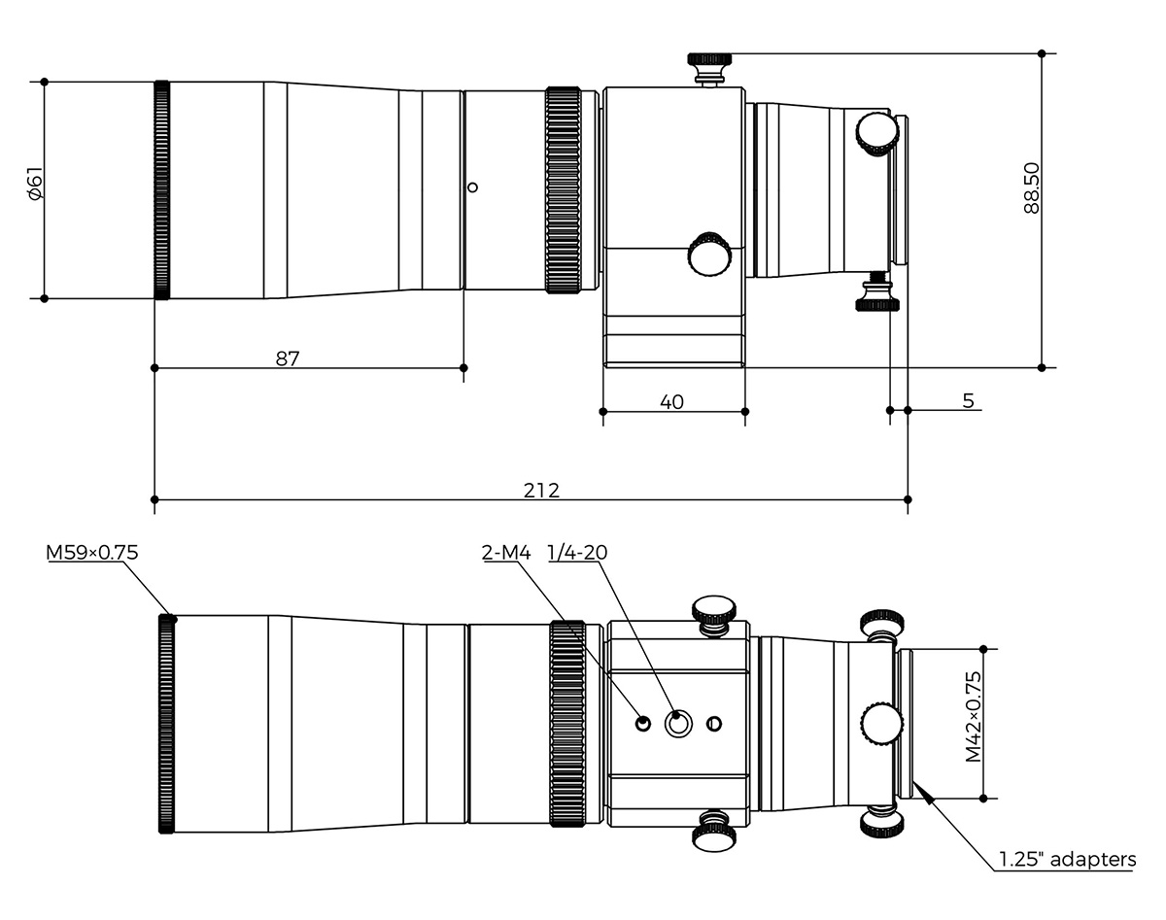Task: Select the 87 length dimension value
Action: tap(287, 358)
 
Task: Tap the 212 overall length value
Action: tap(541, 490)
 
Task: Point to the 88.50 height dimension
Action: tap(1031, 187)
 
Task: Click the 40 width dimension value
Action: tap(671, 401)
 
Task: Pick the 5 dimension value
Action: tap(969, 400)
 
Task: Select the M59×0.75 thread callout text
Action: tap(92, 553)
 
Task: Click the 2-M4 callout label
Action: tap(505, 553)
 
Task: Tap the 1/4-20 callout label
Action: tap(577, 553)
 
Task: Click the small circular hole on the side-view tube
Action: tap(472, 187)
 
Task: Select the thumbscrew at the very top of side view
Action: tap(711, 67)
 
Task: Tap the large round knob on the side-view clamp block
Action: tap(709, 254)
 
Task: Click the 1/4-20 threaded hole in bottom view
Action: tap(677, 723)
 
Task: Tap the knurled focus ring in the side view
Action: tap(563, 189)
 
